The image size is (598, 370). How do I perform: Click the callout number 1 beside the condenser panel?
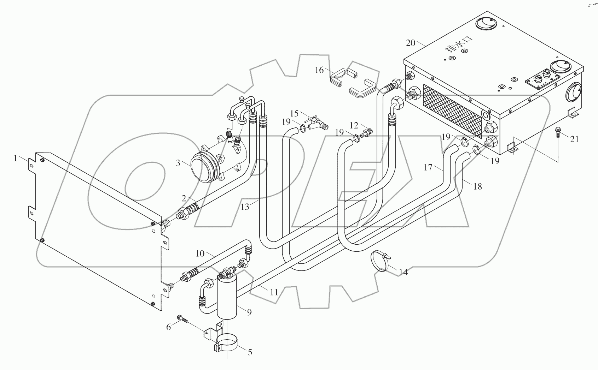pos(15,159)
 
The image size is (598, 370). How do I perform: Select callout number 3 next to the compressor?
pos(178,163)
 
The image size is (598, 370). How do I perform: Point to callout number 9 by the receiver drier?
pos(249,312)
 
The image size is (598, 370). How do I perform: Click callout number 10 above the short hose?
pos(200,253)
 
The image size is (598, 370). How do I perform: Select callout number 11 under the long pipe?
pos(274,292)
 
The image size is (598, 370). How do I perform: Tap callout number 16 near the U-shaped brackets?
pos(319,70)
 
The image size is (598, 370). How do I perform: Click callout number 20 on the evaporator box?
pos(411,43)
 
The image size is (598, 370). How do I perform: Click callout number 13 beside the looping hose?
pos(245,207)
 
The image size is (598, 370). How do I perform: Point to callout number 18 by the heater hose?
pos(477,186)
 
